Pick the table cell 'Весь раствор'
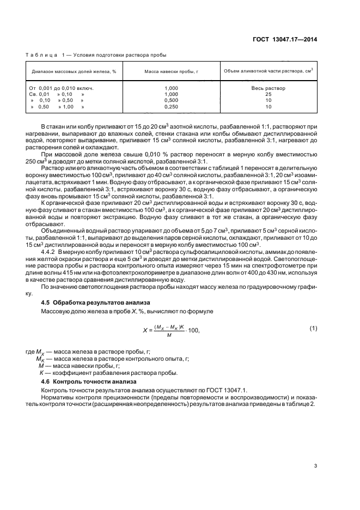pyautogui.click(x=268, y=88)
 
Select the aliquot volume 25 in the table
pyautogui.click(x=268, y=94)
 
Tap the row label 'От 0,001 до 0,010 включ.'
pyautogui.click(x=62, y=88)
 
